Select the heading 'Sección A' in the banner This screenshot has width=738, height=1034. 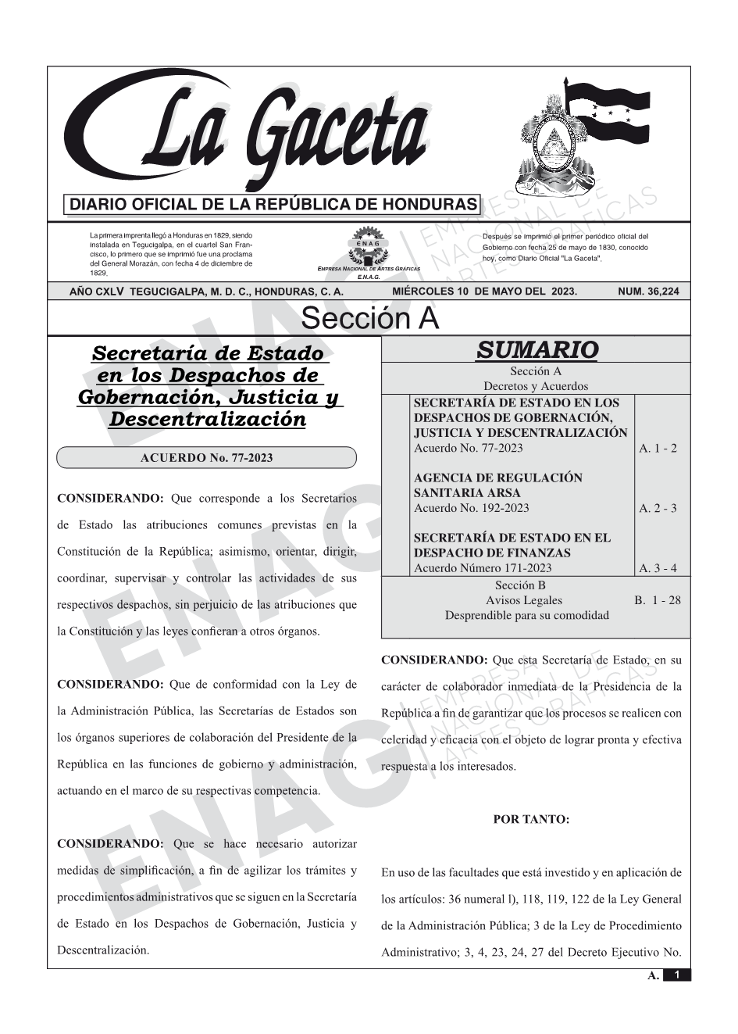[x=369, y=319]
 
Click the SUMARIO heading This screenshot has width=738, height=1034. [x=537, y=350]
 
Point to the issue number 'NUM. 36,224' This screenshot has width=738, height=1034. [x=648, y=292]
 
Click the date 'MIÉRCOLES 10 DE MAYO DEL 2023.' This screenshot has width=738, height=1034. [x=484, y=292]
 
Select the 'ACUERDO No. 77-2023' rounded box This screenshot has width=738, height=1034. [x=206, y=457]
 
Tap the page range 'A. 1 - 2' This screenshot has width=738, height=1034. [x=658, y=449]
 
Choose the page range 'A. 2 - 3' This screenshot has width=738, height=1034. [x=658, y=509]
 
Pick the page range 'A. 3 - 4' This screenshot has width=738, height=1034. [x=658, y=568]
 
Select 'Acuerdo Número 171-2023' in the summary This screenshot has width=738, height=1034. [x=482, y=568]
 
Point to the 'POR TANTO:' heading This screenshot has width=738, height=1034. [x=531, y=820]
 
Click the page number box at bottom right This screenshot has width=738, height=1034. [x=676, y=975]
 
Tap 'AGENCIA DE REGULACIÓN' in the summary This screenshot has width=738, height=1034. [x=497, y=478]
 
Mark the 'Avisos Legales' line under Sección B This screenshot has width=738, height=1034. [x=523, y=600]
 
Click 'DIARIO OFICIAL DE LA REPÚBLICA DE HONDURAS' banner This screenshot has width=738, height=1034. [x=273, y=205]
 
